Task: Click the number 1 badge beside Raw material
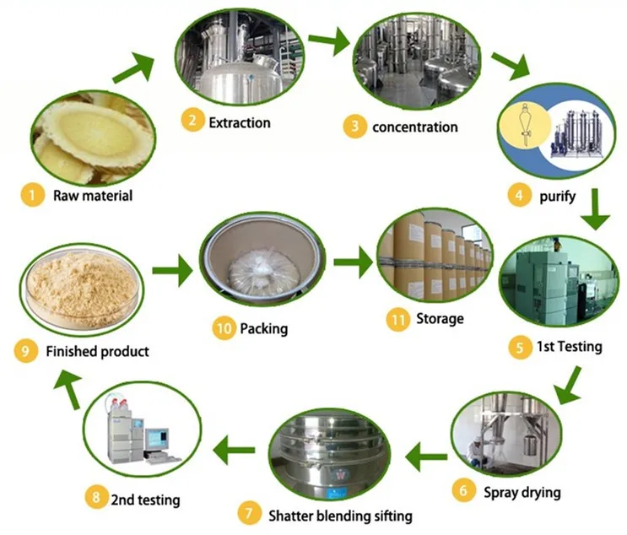31,197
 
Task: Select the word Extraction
240,122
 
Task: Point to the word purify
559,196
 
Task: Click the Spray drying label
522,491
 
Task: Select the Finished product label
99,351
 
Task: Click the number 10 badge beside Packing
224,328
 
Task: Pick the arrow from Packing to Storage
353,263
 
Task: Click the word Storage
440,319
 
